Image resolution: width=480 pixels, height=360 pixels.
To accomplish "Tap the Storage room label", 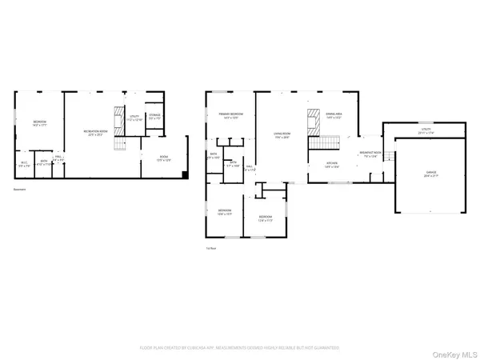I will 155,116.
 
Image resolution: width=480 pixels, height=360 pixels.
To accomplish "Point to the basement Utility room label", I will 134,118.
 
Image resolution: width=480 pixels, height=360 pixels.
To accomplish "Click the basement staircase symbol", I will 122,144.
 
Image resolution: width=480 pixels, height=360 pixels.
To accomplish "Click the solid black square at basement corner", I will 185,174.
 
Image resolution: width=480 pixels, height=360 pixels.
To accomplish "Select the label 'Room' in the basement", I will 163,158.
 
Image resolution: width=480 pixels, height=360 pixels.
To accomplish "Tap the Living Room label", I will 281,135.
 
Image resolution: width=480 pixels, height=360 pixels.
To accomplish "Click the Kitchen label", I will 331,164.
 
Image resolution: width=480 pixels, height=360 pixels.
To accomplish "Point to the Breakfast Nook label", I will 369,154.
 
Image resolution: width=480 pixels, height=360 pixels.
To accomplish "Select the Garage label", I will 430,174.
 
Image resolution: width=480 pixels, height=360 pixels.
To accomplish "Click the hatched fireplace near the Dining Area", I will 314,114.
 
